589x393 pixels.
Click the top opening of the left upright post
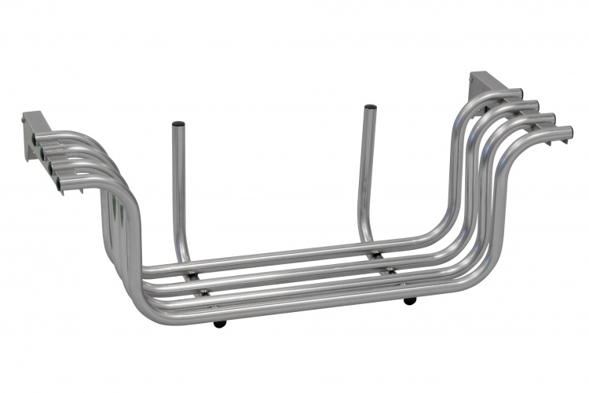pos(178,124)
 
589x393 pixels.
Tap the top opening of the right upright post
pos(370,107)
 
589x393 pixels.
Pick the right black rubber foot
pos(409,301)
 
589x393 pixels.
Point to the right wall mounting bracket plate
pos(480,86)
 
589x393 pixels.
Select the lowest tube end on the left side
pos(59,185)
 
